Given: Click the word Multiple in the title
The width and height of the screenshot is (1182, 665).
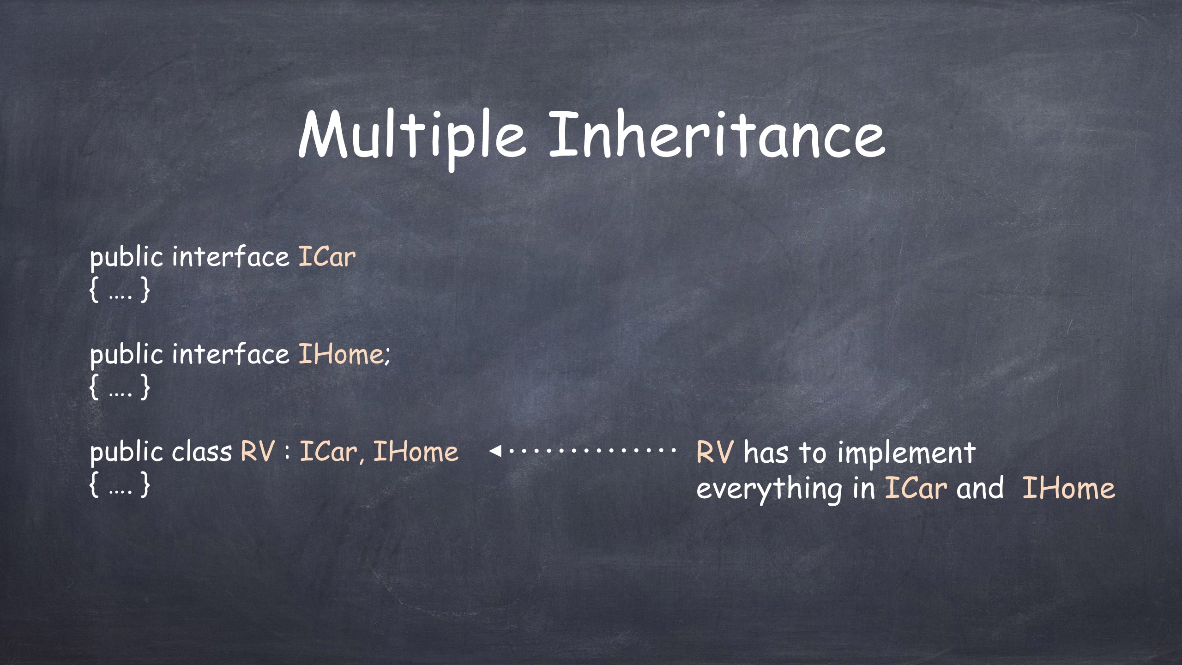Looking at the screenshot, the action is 412,136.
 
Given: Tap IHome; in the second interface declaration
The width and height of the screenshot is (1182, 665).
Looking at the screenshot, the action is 344,354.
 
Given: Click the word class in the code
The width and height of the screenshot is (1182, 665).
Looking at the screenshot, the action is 202,451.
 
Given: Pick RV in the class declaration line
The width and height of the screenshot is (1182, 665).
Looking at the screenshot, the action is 257,452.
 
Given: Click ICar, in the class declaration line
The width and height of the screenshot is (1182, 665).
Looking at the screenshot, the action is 330,452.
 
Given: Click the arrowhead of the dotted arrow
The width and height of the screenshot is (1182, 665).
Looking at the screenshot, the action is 495,450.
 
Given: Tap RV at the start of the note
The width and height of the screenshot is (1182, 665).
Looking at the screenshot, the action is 714,452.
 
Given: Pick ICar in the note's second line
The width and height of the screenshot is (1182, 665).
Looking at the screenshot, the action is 915,488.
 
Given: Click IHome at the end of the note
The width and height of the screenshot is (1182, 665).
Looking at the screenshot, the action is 1068,488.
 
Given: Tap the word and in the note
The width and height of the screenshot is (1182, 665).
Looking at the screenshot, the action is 980,488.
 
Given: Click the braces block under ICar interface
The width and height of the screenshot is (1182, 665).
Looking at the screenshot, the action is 120,290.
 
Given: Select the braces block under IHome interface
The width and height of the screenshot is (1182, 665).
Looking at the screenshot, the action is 120,387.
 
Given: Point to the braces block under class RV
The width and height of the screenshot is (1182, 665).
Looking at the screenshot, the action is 120,484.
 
